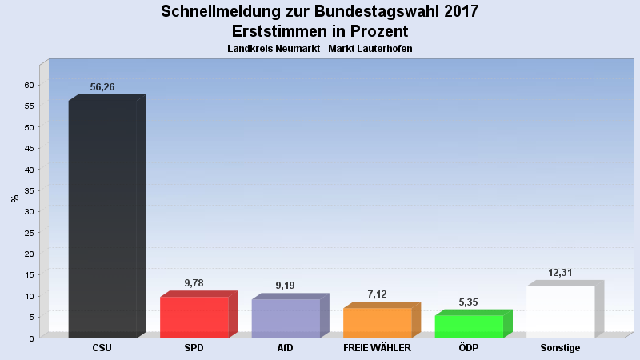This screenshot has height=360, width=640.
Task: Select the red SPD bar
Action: coord(194,317)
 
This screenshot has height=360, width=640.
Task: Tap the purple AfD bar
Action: coord(286,318)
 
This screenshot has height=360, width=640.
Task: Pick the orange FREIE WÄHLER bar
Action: coord(377,322)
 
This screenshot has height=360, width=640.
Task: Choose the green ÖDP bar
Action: coord(469,326)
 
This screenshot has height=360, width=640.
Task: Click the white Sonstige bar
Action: coord(560,311)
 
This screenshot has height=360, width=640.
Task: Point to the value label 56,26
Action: coord(102,87)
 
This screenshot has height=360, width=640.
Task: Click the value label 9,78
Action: coord(194,283)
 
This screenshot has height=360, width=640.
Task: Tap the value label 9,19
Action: coord(286,286)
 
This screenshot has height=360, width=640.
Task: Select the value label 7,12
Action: coord(377,294)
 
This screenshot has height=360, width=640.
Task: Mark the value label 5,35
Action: coord(469,302)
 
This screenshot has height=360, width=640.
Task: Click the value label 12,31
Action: coord(562,273)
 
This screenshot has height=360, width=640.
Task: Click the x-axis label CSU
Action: coord(102,348)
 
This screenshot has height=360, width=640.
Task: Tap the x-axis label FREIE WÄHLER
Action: coord(377,348)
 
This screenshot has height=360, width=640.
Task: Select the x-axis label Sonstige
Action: coord(560,348)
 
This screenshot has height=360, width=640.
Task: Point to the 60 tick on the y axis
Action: coord(29,85)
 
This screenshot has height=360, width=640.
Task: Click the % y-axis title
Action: coord(14,198)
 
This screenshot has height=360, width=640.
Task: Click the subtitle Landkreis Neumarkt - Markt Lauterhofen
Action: coord(320,49)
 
